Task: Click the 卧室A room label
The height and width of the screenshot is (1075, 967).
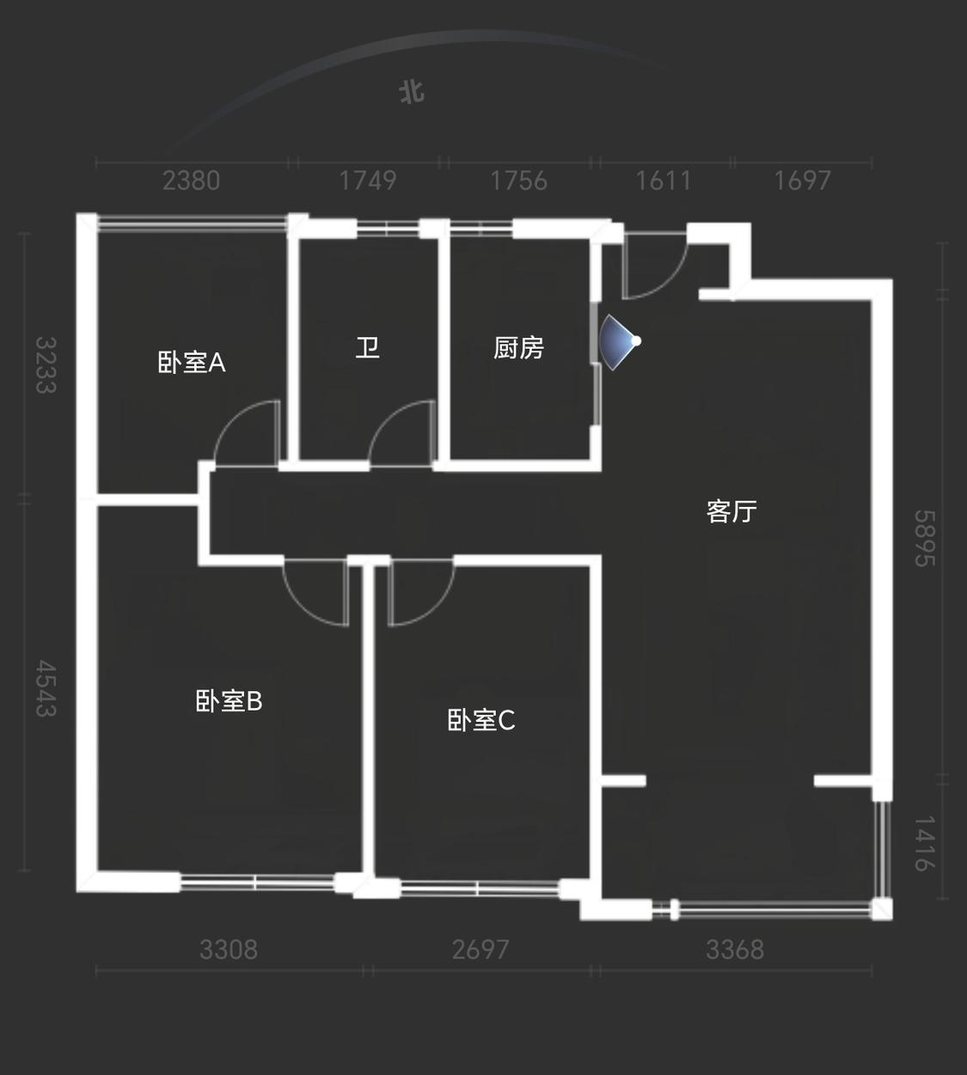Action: [192, 363]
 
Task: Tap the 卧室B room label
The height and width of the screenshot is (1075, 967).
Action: [229, 701]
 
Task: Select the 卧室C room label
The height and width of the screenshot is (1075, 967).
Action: [481, 720]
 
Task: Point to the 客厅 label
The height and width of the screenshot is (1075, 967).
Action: [731, 511]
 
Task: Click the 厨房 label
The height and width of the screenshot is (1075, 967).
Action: [519, 348]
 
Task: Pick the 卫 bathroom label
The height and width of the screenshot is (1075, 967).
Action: [368, 348]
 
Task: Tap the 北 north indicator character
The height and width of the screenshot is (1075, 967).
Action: [412, 92]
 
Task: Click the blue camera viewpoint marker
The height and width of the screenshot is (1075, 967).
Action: [621, 341]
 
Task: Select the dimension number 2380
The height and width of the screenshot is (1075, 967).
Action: [192, 180]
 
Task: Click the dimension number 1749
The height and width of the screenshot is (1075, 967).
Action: [368, 180]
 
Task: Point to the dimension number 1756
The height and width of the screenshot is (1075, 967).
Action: [519, 180]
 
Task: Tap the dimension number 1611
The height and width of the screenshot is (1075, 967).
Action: [664, 180]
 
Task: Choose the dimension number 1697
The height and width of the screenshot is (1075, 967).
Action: [803, 180]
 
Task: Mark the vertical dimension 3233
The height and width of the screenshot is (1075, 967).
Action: [46, 365]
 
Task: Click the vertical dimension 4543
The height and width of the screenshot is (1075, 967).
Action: [46, 688]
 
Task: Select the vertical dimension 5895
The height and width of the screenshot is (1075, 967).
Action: [925, 539]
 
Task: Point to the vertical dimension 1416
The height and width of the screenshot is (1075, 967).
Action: [925, 844]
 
